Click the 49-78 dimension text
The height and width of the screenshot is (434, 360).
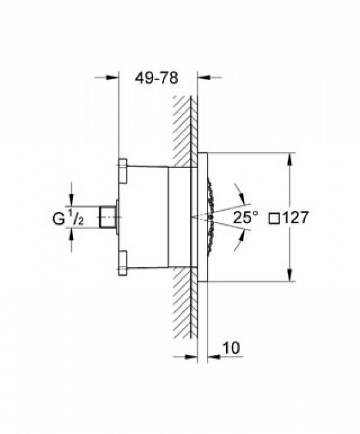[156, 78]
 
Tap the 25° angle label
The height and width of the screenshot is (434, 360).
[245, 217]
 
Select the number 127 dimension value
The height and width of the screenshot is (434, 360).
[296, 218]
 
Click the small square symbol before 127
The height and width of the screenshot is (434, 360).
[274, 219]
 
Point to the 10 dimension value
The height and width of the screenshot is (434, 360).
[231, 348]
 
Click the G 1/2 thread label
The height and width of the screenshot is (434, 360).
[68, 218]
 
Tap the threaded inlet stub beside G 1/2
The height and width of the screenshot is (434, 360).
[107, 217]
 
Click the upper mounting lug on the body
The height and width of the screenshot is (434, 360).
[123, 171]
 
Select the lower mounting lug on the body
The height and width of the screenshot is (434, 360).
[123, 263]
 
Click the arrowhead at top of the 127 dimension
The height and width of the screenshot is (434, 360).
[289, 159]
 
